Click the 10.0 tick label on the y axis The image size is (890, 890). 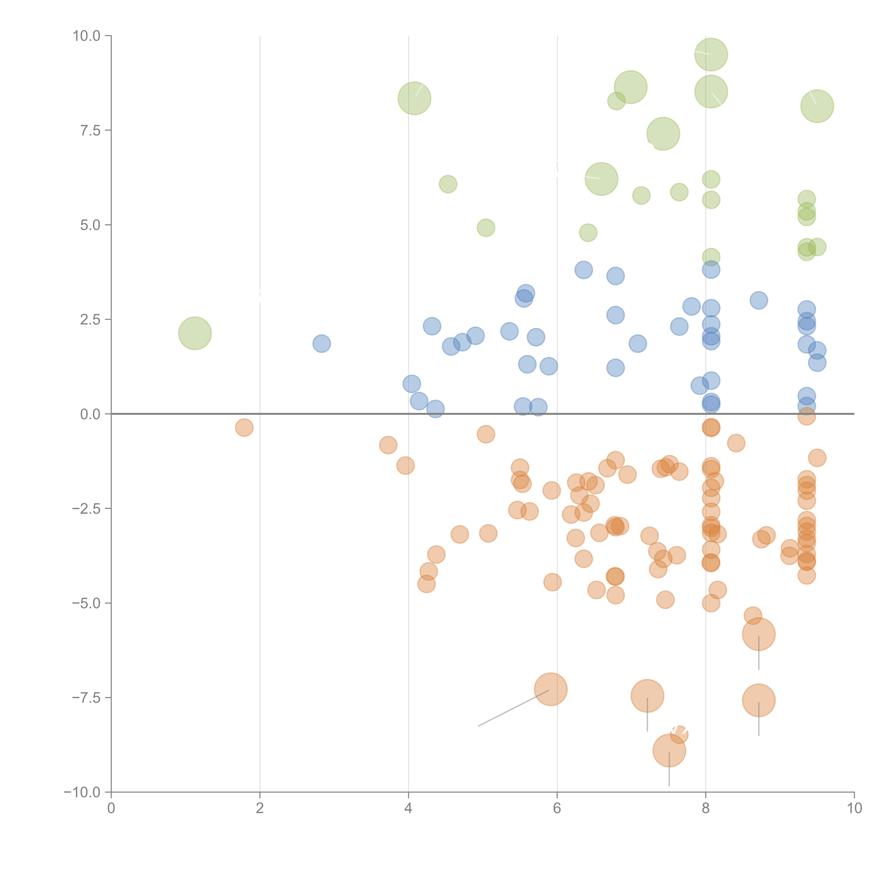86,36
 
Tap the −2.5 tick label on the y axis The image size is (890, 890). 86,509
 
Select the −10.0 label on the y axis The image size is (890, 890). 82,792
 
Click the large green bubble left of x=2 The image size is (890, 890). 195,333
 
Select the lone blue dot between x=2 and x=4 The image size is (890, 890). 321,343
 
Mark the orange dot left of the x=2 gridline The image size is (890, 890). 244,428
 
